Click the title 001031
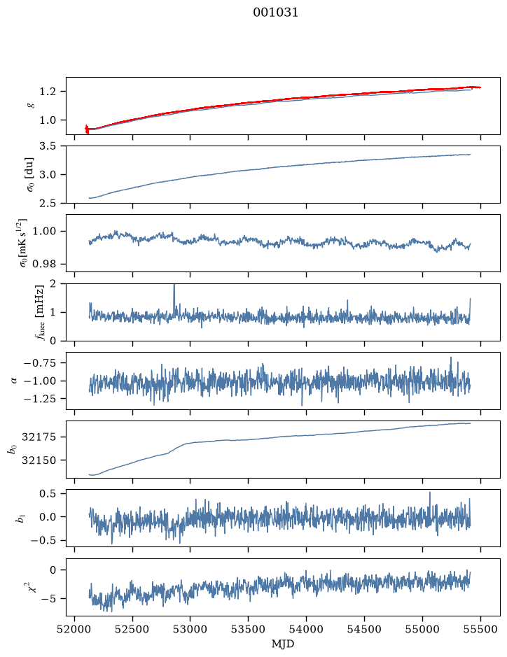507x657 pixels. pyautogui.click(x=275, y=13)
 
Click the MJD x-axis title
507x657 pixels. pyautogui.click(x=283, y=644)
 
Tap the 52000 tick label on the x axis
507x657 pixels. pyautogui.click(x=75, y=629)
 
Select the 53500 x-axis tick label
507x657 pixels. pyautogui.click(x=249, y=629)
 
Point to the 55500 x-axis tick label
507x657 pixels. pyautogui.click(x=480, y=629)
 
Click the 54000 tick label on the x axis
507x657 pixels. pyautogui.click(x=307, y=629)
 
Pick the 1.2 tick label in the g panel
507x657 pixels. pyautogui.click(x=48, y=92)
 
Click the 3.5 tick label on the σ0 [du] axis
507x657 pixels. pyautogui.click(x=48, y=146)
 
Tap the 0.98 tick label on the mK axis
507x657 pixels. pyautogui.click(x=44, y=264)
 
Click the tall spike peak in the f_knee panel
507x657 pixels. pyautogui.click(x=174, y=285)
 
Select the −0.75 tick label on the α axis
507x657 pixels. pyautogui.click(x=41, y=363)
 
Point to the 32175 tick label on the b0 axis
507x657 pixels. pyautogui.click(x=39, y=437)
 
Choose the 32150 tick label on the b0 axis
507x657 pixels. pyautogui.click(x=39, y=460)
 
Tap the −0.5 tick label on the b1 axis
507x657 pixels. pyautogui.click(x=43, y=541)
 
